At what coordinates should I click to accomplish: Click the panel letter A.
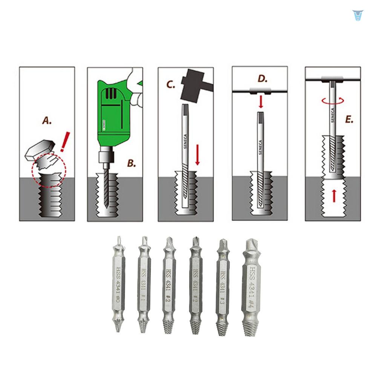47,121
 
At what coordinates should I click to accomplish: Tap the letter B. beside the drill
131,163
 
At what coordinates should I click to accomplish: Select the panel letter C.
171,85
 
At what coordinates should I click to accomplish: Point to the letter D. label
262,79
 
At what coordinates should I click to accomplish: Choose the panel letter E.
349,120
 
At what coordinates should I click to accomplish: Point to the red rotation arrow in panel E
333,100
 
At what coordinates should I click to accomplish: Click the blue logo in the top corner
357,15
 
